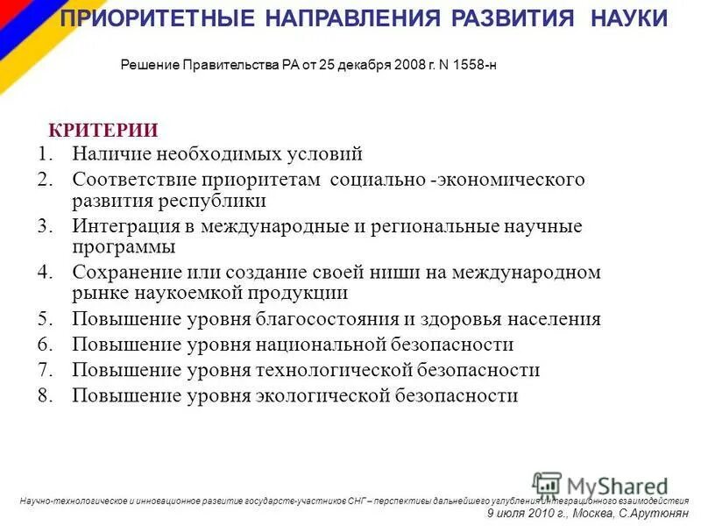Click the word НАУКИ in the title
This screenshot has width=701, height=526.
[627, 18]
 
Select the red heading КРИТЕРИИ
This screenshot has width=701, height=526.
[103, 131]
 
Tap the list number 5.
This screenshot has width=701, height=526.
[46, 318]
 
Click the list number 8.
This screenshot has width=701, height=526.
[46, 395]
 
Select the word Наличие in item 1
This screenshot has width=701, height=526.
[111, 155]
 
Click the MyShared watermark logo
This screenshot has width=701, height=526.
[600, 485]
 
